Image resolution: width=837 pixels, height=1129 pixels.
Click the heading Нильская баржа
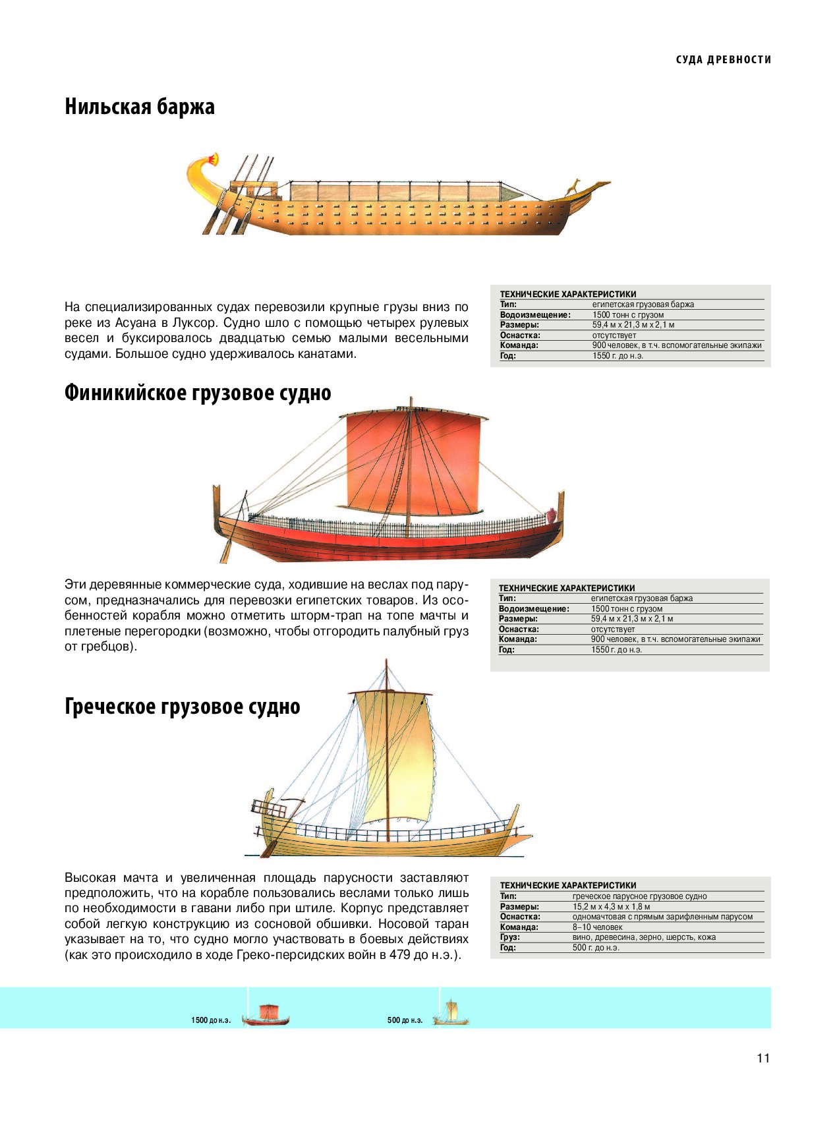(140, 107)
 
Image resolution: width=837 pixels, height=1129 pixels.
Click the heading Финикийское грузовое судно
(198, 393)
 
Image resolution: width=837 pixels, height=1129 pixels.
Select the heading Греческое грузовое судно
(183, 707)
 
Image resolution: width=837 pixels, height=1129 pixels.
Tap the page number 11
(763, 1058)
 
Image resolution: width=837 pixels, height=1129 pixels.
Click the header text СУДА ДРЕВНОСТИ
(724, 60)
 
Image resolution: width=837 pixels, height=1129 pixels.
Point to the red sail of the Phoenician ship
(414, 463)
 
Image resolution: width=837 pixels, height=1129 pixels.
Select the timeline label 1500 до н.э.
(211, 1020)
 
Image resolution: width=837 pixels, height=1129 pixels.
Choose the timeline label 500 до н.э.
(405, 1020)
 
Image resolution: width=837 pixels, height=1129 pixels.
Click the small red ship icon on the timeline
(266, 1015)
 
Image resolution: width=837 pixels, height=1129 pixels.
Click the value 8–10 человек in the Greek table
(597, 927)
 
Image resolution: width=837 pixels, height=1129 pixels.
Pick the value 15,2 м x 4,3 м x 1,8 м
(611, 907)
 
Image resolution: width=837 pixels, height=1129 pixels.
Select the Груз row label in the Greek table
(510, 937)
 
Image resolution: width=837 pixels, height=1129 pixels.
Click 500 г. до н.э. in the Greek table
(596, 948)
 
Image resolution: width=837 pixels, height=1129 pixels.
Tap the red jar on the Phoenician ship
(552, 515)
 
